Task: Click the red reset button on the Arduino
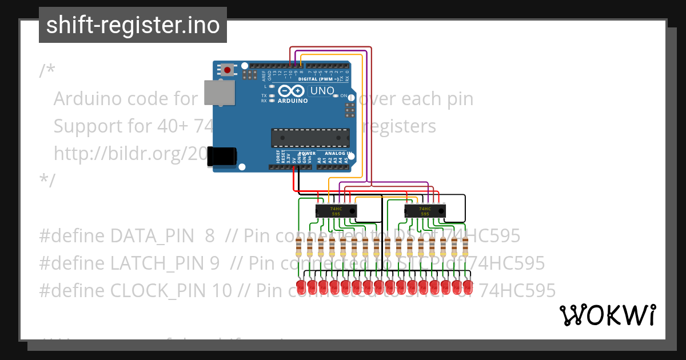click(x=228, y=70)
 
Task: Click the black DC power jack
click(x=221, y=156)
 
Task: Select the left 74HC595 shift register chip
click(x=336, y=211)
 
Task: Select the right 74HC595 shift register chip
click(x=424, y=211)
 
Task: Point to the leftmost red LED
click(x=300, y=286)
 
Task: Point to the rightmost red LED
click(x=468, y=286)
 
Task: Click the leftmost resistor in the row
click(x=298, y=248)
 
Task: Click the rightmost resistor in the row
click(x=466, y=248)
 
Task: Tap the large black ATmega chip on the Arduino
click(x=310, y=138)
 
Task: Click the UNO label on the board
click(x=322, y=91)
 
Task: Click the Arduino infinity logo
click(x=292, y=91)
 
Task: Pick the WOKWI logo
click(x=607, y=315)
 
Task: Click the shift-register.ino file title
click(x=133, y=25)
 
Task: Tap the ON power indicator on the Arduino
click(x=344, y=96)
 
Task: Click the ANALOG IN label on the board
click(x=337, y=153)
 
